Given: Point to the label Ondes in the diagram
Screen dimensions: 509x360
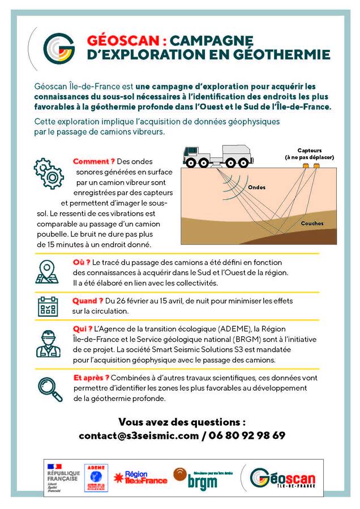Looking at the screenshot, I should (256, 187).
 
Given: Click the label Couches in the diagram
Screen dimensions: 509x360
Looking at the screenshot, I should (312, 223).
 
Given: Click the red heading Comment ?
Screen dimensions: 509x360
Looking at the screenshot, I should (93, 161).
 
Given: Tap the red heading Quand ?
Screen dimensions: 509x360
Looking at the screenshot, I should (88, 301).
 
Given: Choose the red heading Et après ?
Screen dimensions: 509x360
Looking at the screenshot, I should (91, 377).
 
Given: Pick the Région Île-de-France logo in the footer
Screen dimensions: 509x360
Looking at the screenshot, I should (141, 477).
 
